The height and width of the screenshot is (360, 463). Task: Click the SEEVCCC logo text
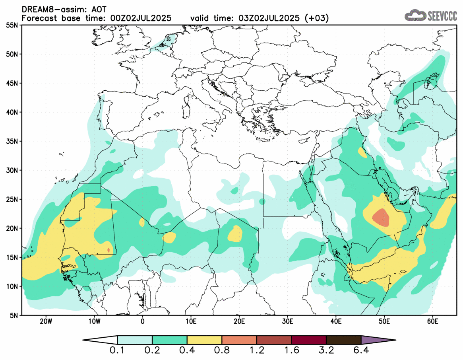coord(442,16)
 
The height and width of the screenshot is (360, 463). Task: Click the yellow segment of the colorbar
coord(204,340)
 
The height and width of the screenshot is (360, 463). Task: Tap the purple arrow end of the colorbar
coord(378,340)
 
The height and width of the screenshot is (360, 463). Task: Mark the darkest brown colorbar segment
coord(343,340)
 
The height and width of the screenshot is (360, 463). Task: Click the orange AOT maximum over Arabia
coord(381,217)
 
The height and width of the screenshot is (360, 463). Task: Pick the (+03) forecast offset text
coord(316,18)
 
